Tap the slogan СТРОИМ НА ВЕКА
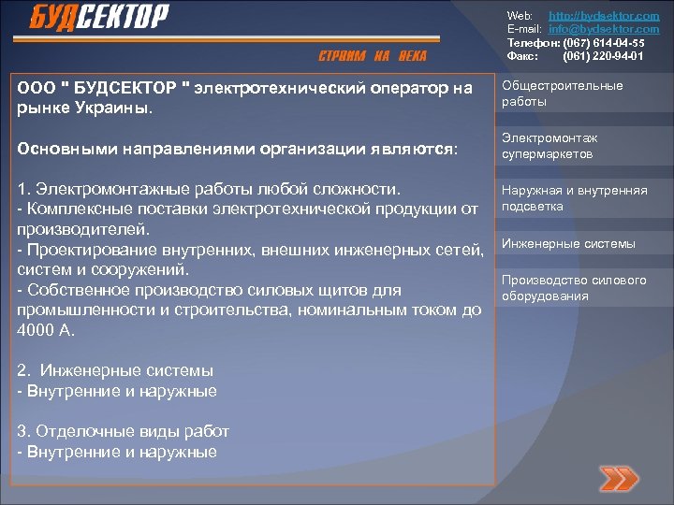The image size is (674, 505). coord(373,57)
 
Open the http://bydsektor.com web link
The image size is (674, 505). coord(609,17)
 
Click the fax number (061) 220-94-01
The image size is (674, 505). coord(603,56)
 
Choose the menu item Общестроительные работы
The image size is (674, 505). coord(562,94)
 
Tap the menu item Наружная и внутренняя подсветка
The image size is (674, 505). coord(574,198)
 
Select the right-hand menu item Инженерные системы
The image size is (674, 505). coord(568,244)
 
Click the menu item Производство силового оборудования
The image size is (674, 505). coord(573,288)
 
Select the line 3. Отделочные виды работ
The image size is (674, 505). coord(123,432)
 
